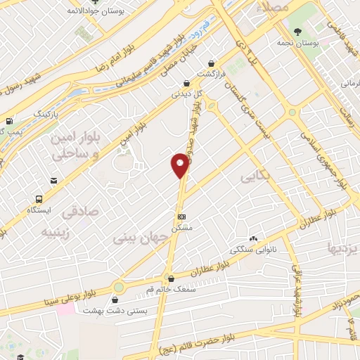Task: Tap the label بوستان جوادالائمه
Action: pyautogui.click(x=97, y=13)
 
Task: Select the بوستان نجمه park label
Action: pyautogui.click(x=311, y=42)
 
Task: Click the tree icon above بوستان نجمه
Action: pyautogui.click(x=299, y=31)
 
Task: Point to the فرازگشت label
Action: pyautogui.click(x=210, y=74)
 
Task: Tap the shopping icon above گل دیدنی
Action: pyautogui.click(x=186, y=82)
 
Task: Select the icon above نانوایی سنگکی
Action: pyautogui.click(x=252, y=239)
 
